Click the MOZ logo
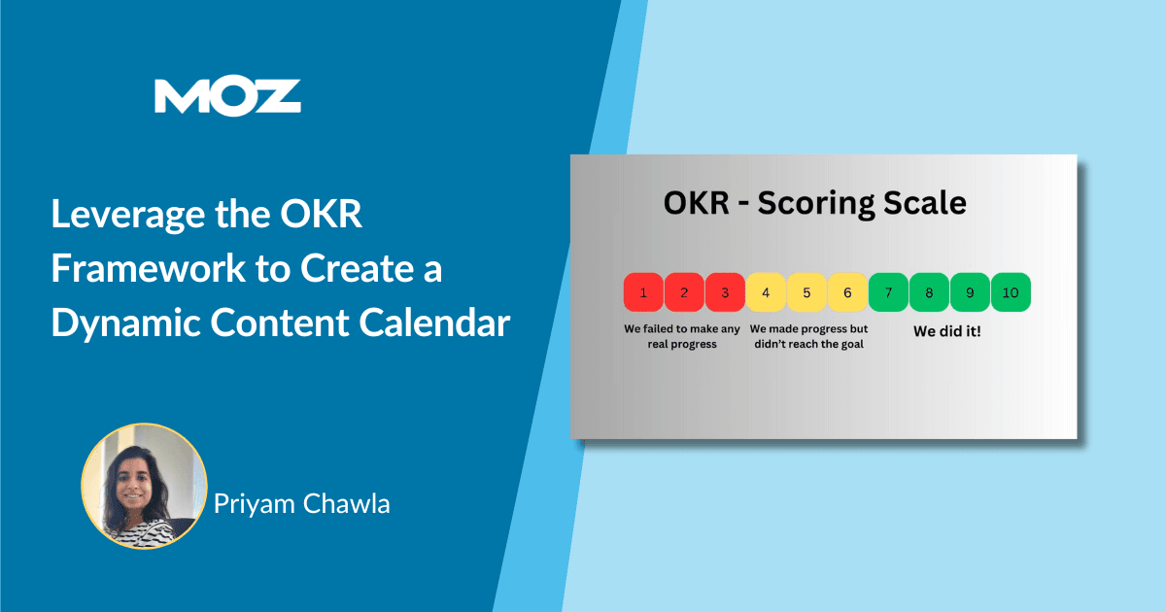point(227,96)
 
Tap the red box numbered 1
point(643,292)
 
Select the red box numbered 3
point(725,292)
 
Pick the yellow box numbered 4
point(766,292)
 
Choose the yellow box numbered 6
point(847,292)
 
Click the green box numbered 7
point(888,292)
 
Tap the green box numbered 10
point(1011,292)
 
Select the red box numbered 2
point(684,292)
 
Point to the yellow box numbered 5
point(806,292)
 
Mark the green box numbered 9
point(970,292)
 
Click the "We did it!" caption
point(946,331)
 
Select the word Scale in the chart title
point(922,203)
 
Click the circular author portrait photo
point(144,486)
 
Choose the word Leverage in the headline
point(120,215)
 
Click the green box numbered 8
point(929,292)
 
